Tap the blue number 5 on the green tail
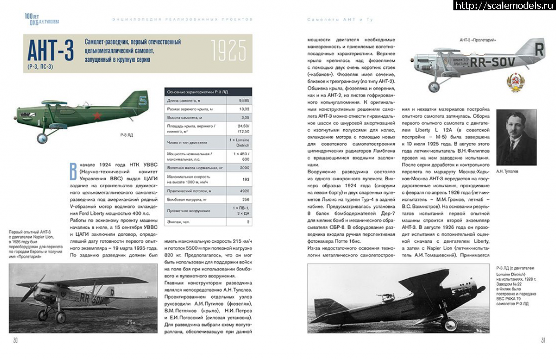pos(143,100)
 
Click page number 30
pos(16,340)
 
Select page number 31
pos(542,340)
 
